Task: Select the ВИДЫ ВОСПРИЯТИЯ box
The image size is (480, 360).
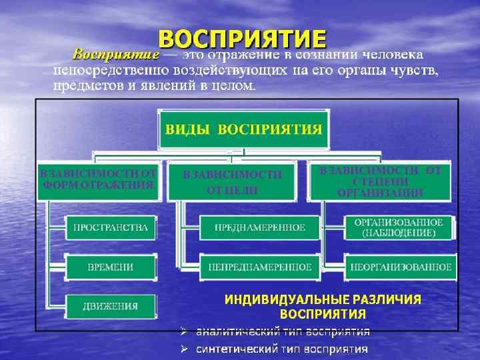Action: pyautogui.click(x=243, y=129)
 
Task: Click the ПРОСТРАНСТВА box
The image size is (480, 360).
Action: pyautogui.click(x=111, y=227)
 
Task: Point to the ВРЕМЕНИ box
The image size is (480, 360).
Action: pyautogui.click(x=111, y=267)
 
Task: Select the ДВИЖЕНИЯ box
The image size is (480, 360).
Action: pyautogui.click(x=111, y=306)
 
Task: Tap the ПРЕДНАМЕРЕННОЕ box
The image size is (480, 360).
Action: pyautogui.click(x=259, y=227)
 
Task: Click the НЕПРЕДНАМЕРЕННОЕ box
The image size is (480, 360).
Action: pyautogui.click(x=259, y=267)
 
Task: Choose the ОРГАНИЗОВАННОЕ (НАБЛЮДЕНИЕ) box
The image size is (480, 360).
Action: pyautogui.click(x=399, y=227)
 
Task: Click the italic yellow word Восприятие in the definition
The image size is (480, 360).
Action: pyautogui.click(x=115, y=53)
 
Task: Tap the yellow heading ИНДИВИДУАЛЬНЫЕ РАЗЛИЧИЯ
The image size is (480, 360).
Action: pyautogui.click(x=323, y=299)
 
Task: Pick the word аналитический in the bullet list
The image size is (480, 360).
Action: pyautogui.click(x=230, y=331)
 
